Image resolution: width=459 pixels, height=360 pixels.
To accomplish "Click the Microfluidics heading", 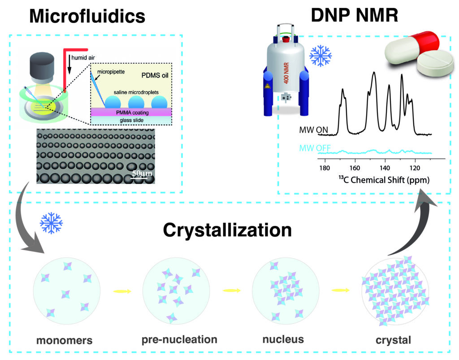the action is point(87,16).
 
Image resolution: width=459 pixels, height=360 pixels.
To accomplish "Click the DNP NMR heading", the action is point(355,15).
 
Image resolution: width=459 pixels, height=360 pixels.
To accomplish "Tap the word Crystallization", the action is point(227,230).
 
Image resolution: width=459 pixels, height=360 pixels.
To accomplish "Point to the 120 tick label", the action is point(415,168).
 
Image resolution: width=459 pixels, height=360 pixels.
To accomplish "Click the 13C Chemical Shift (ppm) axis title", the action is point(384,179).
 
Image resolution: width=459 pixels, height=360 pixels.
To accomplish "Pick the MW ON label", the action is point(313,130).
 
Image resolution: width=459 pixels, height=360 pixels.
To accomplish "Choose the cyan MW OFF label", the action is point(315,148).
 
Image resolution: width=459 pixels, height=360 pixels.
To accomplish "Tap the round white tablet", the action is point(435,65).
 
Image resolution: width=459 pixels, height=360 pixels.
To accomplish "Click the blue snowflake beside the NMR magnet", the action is point(320,56).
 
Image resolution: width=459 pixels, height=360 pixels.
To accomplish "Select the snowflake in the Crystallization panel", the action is point(51,223).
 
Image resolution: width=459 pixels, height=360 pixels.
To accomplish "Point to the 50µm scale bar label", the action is point(142,173).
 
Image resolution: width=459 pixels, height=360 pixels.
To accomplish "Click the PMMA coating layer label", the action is point(132,113).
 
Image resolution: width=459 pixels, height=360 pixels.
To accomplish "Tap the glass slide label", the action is point(131,120).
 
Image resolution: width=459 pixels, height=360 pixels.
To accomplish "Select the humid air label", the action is point(83,58).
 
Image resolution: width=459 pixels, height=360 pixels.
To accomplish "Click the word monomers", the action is point(65,340).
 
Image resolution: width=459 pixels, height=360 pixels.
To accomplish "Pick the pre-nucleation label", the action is point(179,339).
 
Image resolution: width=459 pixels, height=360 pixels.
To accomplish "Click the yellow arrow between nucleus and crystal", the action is point(341,291).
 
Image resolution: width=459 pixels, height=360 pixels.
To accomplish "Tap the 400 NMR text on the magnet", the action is point(286,73).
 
